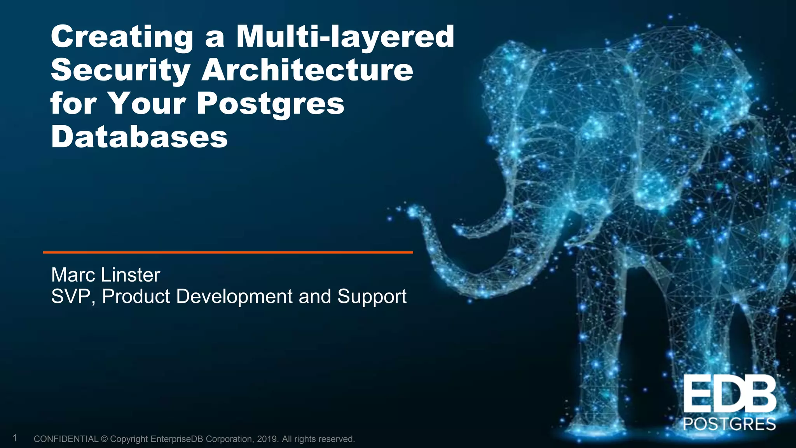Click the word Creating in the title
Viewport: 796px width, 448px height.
(122, 37)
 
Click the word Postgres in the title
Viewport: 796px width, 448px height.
(271, 104)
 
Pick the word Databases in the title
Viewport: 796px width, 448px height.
(139, 137)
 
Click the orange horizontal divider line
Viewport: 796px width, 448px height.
(228, 252)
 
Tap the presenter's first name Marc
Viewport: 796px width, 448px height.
(73, 275)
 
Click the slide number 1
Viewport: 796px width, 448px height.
(15, 438)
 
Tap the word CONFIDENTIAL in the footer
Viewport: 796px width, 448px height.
(66, 439)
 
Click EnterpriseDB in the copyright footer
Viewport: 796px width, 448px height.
(177, 439)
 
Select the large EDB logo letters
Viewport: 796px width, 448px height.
(730, 394)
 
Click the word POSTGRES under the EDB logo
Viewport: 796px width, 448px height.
(730, 424)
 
